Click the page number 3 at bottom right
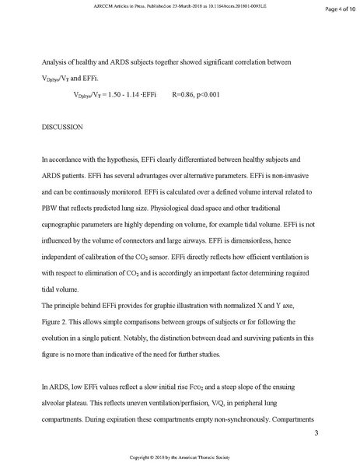tap(316, 432)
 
